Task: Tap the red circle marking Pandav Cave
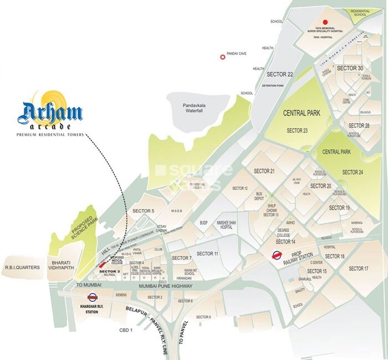pos(223,57)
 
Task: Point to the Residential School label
pos(362,14)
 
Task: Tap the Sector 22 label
pos(279,74)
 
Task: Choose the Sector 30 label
pos(350,68)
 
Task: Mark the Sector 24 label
pos(353,173)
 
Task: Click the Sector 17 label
pos(358,268)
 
